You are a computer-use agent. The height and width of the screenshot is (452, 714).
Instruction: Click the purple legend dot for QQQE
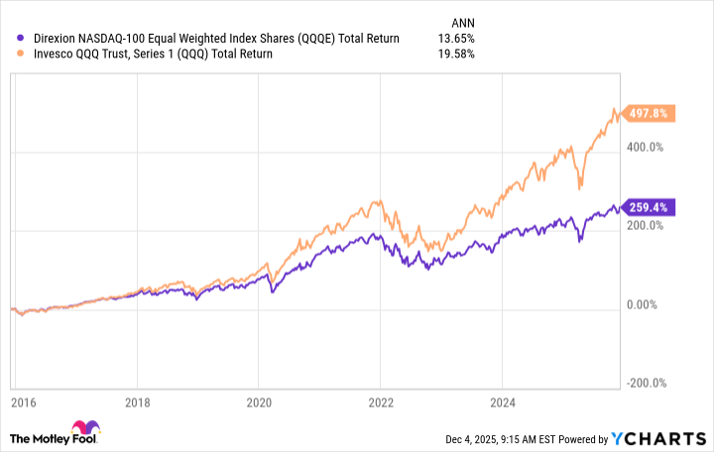(x=10, y=39)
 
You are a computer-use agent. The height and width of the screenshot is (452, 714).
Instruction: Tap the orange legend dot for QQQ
(x=10, y=54)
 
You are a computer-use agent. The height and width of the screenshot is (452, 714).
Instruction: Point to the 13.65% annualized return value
(x=456, y=39)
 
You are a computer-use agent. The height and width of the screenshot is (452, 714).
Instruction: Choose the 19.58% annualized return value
(x=456, y=54)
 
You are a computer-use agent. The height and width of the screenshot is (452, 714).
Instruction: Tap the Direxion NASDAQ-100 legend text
(x=208, y=39)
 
